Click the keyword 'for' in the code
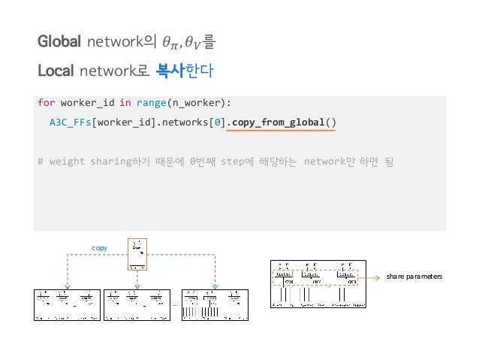(x=46, y=102)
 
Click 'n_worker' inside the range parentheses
(x=192, y=102)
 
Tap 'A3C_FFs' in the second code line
(x=69, y=122)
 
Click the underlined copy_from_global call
(x=279, y=122)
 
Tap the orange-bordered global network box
(x=137, y=253)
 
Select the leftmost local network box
(x=66, y=305)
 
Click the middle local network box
(x=137, y=305)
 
